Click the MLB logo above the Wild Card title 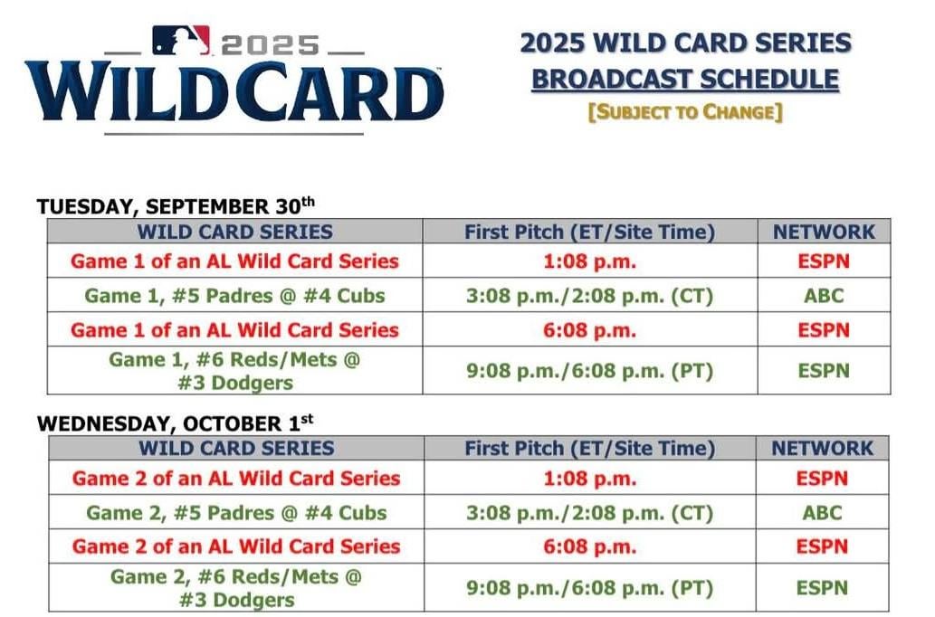point(181,40)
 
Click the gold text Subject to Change point(684,112)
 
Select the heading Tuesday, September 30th point(176,206)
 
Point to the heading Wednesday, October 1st point(176,423)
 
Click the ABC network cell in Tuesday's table point(823,295)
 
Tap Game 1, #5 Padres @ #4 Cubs point(234,295)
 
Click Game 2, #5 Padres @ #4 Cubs point(236,513)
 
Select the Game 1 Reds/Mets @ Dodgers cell point(234,371)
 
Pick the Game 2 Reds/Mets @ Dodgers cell point(236,588)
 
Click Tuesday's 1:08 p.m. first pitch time point(589,261)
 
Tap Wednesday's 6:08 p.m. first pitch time point(590,546)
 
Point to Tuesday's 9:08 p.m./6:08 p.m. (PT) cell point(589,371)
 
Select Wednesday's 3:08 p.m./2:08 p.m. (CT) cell point(590,513)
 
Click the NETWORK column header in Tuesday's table point(824,232)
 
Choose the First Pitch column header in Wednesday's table point(590,448)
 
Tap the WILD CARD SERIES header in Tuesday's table point(234,232)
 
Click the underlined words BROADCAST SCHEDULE point(684,80)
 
